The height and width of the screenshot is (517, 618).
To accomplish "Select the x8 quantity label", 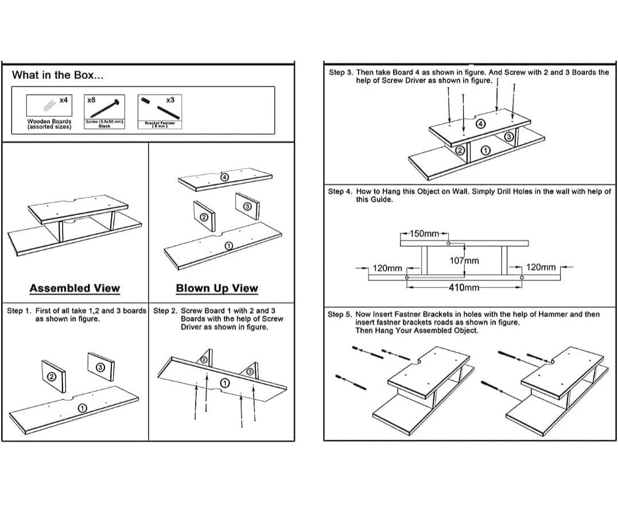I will pyautogui.click(x=91, y=99).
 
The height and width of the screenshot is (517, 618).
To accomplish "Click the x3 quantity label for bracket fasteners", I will pyautogui.click(x=170, y=99).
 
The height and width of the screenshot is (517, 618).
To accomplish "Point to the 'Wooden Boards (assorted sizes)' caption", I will pyautogui.click(x=49, y=124).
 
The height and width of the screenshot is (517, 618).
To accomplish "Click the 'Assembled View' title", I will pyautogui.click(x=75, y=288).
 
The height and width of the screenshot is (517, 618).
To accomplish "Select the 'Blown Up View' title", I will pyautogui.click(x=217, y=288).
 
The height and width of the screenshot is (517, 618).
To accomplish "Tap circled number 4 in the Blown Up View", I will pyautogui.click(x=226, y=177).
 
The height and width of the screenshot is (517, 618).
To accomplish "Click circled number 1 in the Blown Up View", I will pyautogui.click(x=228, y=245).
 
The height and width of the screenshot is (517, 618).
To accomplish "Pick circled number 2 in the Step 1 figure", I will pyautogui.click(x=51, y=377).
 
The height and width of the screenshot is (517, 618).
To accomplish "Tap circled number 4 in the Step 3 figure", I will pyautogui.click(x=481, y=124).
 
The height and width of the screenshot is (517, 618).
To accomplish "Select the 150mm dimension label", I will pyautogui.click(x=425, y=234).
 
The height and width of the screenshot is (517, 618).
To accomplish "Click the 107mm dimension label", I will pyautogui.click(x=464, y=261).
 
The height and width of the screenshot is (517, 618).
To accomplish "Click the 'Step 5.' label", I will pyautogui.click(x=339, y=314).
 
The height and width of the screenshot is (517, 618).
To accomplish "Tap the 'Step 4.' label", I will pyautogui.click(x=339, y=191).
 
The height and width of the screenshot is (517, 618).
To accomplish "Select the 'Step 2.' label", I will pyautogui.click(x=165, y=311).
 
